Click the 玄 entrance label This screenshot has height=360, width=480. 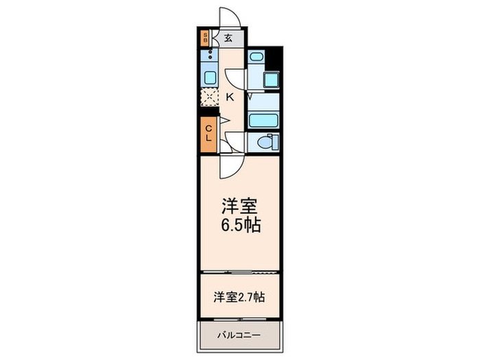(x=228, y=38)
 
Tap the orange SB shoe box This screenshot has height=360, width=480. (x=205, y=38)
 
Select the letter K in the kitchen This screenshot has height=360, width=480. (x=230, y=97)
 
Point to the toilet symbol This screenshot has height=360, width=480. (x=264, y=143)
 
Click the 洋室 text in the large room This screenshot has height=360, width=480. (x=240, y=206)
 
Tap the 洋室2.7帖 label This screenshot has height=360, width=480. (x=239, y=298)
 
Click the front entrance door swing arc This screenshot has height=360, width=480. (x=228, y=17)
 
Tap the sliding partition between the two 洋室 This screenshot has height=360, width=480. (x=239, y=273)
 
